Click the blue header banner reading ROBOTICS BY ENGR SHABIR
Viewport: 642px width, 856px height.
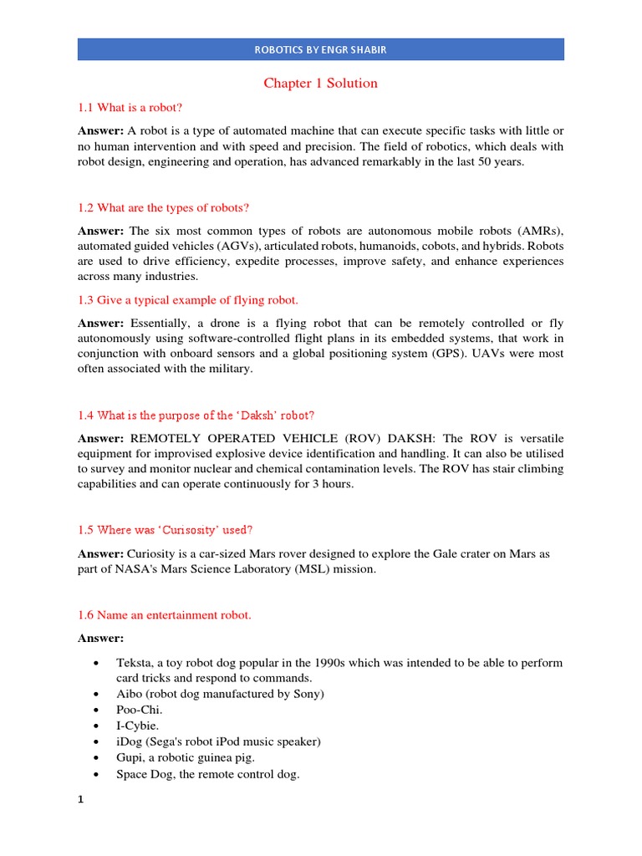coord(321,49)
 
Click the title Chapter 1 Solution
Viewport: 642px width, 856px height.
coord(321,84)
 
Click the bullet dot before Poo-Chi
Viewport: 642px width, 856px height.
coord(99,711)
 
